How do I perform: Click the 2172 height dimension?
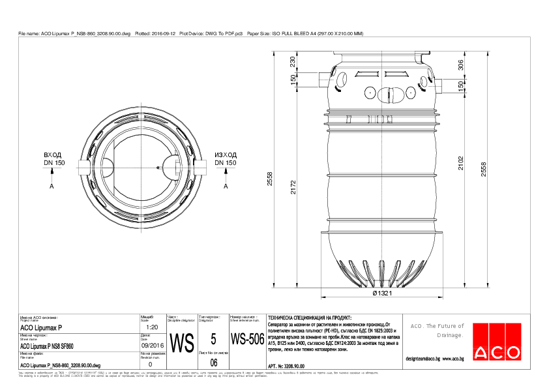tap(293, 188)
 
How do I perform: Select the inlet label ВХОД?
tap(54, 156)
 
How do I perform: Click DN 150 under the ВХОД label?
tap(54, 163)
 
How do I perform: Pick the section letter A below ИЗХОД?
tap(226, 187)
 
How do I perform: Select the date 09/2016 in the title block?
tap(152, 346)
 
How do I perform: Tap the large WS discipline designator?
tap(181, 342)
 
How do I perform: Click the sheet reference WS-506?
tap(247, 340)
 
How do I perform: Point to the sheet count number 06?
tap(213, 362)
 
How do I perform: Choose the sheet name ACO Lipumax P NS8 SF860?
tap(47, 346)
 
